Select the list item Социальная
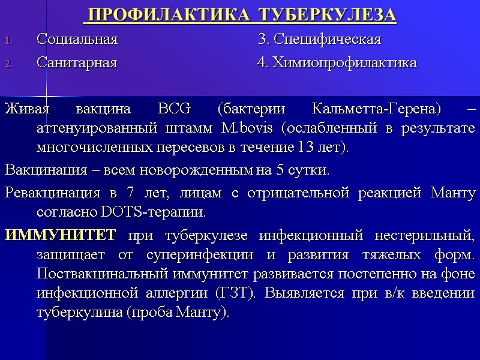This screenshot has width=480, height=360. (77, 40)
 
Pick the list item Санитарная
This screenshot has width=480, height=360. (76, 62)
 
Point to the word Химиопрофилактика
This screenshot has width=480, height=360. (344, 62)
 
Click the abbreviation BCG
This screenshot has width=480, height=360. (173, 110)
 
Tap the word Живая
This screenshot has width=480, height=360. (24, 110)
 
